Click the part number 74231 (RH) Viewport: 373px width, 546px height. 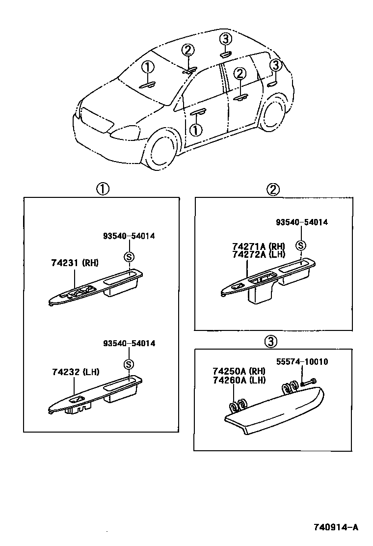coord(74,263)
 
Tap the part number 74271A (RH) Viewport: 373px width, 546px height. coord(258,246)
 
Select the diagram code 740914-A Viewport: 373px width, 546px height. coord(336,528)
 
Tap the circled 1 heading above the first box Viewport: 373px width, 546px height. coord(102,189)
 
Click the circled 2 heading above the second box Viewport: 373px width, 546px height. coord(273,189)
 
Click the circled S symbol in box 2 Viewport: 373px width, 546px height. coord(301,246)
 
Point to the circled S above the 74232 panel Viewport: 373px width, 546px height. coord(128,364)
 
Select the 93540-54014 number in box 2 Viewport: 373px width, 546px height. coord(301,222)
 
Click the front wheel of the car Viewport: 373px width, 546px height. coord(161,150)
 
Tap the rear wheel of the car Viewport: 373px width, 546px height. coord(272,117)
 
